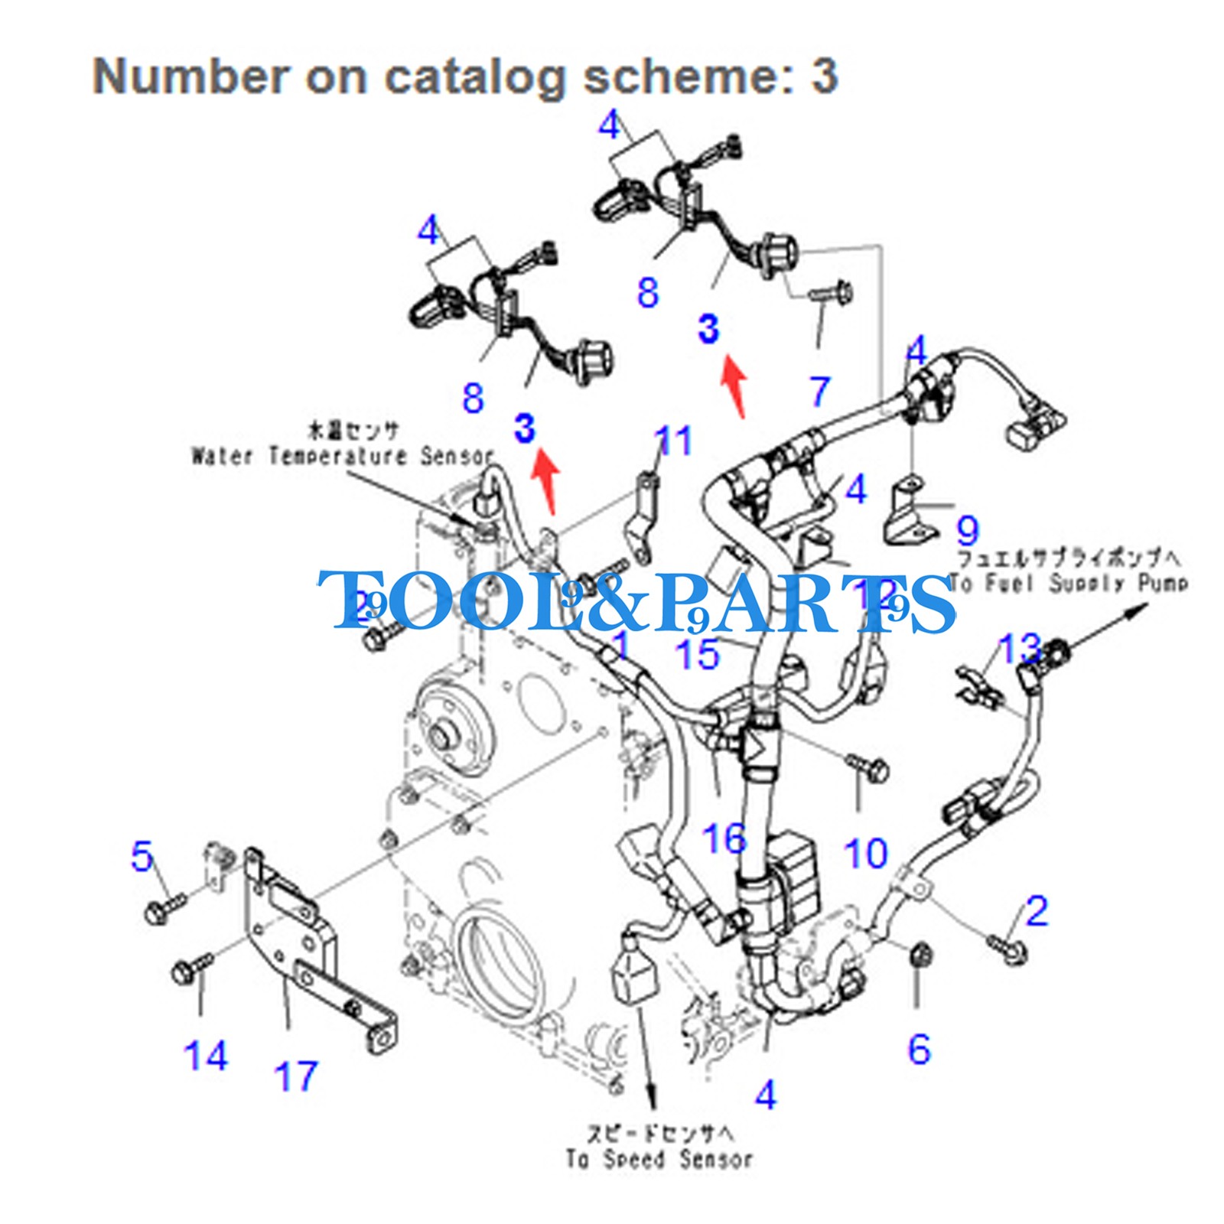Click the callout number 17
click(295, 1076)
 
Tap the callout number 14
click(205, 1056)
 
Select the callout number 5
click(142, 856)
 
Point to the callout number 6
click(919, 1049)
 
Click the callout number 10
click(865, 853)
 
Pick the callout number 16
click(724, 838)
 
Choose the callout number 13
click(1020, 648)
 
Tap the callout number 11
click(673, 441)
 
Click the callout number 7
click(819, 391)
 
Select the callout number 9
click(968, 529)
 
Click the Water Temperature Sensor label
click(342, 456)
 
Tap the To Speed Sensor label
click(659, 1159)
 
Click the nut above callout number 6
click(920, 955)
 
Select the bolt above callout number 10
click(868, 766)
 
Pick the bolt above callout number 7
click(831, 292)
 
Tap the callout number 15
click(697, 654)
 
